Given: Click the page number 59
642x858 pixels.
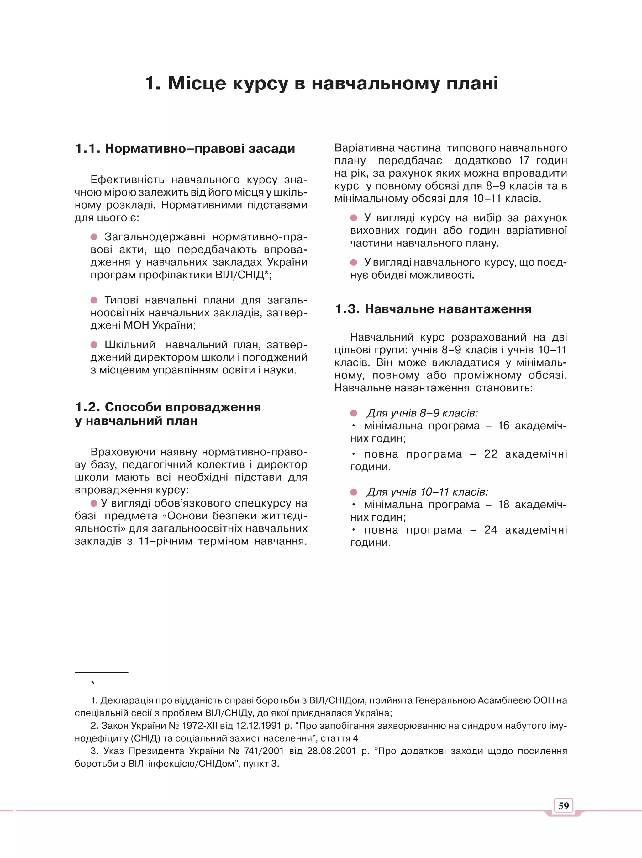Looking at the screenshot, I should [x=563, y=806].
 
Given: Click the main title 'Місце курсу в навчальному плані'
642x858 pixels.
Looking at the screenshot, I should [x=321, y=83].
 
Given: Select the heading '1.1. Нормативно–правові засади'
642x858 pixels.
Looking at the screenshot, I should [x=185, y=148].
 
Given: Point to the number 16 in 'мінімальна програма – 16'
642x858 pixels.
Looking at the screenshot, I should [x=503, y=426].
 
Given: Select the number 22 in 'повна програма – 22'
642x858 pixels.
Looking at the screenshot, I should [x=491, y=454].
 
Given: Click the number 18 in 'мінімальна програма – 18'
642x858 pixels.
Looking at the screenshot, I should [x=503, y=505].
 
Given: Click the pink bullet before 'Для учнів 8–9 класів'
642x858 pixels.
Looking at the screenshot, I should [x=353, y=413].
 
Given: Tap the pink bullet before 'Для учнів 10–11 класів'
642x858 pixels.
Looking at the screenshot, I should [x=353, y=492].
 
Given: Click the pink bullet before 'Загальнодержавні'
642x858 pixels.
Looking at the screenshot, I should [x=94, y=237].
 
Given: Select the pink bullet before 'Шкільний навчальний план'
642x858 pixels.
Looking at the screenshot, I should [x=94, y=345].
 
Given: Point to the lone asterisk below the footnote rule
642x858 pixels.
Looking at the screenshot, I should [x=92, y=683].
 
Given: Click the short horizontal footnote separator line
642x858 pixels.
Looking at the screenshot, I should [x=101, y=673].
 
